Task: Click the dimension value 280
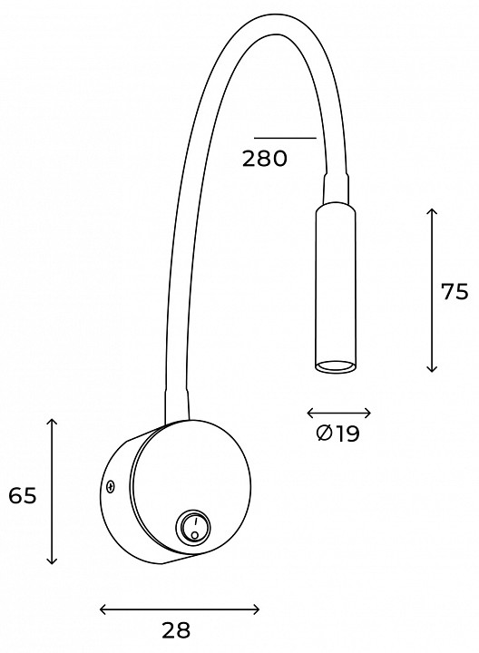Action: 265,159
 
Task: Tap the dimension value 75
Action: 455,291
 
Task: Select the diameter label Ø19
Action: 337,434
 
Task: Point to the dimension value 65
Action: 23,495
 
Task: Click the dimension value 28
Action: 176,630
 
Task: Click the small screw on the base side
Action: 110,486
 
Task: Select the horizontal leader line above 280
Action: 286,138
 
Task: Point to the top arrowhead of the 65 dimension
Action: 52,423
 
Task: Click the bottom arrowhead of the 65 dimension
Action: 52,560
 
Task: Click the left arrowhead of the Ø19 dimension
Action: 311,414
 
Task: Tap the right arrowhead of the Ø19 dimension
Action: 367,414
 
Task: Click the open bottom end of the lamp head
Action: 336,367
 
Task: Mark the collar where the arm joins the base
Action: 178,405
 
